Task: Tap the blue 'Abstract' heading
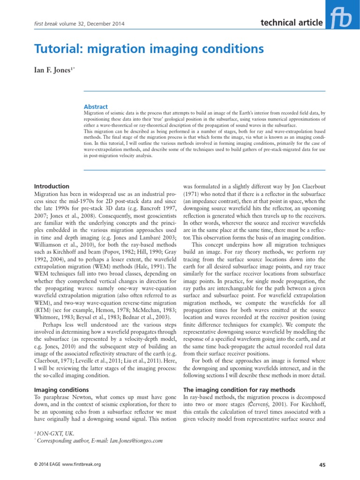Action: pyautogui.click(x=95, y=107)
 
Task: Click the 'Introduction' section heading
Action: pyautogui.click(x=52, y=186)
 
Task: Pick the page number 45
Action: pyautogui.click(x=322, y=465)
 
